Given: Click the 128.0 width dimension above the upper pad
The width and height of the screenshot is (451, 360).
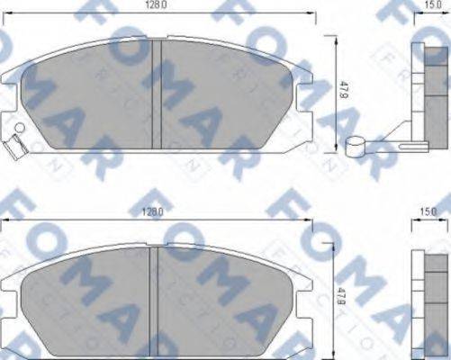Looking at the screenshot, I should pos(158,7).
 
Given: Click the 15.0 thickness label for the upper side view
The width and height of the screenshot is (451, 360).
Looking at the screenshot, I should pos(433,7).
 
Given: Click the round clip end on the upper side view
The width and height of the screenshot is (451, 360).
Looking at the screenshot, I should pos(354,143).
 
